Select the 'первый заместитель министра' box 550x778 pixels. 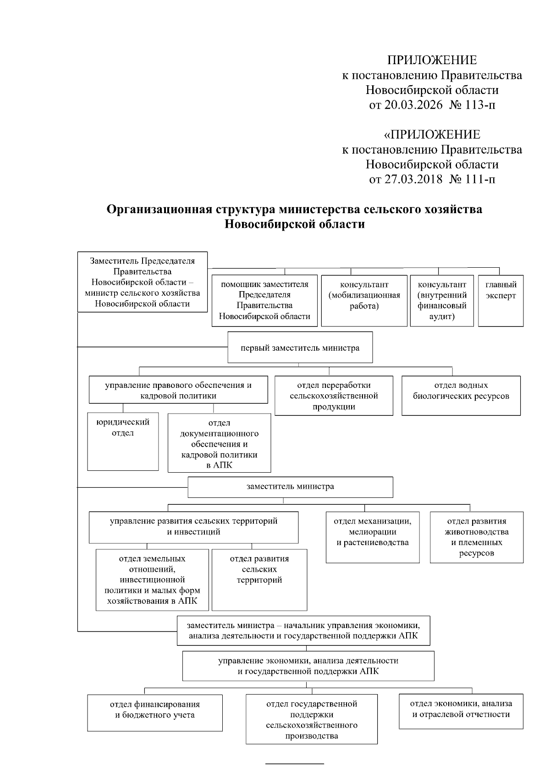click(300, 348)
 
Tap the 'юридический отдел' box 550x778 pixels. click(123, 441)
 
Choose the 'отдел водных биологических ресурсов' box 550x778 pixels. click(461, 396)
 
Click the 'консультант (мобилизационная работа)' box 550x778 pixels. click(364, 301)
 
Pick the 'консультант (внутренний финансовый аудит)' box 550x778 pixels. click(442, 301)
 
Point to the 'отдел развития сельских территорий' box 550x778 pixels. click(259, 579)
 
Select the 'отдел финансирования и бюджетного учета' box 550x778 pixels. click(155, 712)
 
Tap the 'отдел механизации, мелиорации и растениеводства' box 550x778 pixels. click(373, 537)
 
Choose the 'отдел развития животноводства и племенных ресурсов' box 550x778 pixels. click(477, 537)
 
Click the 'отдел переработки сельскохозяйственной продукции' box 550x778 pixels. click(334, 396)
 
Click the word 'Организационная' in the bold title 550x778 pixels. click(158, 210)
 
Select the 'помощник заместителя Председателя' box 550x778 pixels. click(264, 301)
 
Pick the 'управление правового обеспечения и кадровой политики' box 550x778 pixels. click(178, 390)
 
